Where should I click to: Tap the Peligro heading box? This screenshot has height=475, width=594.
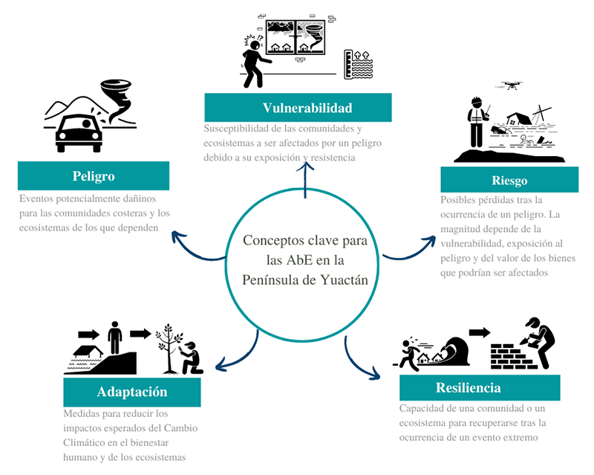tap(94, 176)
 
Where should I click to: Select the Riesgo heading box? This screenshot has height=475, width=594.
tap(509, 180)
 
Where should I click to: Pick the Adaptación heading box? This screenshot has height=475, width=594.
tap(132, 392)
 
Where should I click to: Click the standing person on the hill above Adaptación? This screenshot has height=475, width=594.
tap(115, 339)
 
